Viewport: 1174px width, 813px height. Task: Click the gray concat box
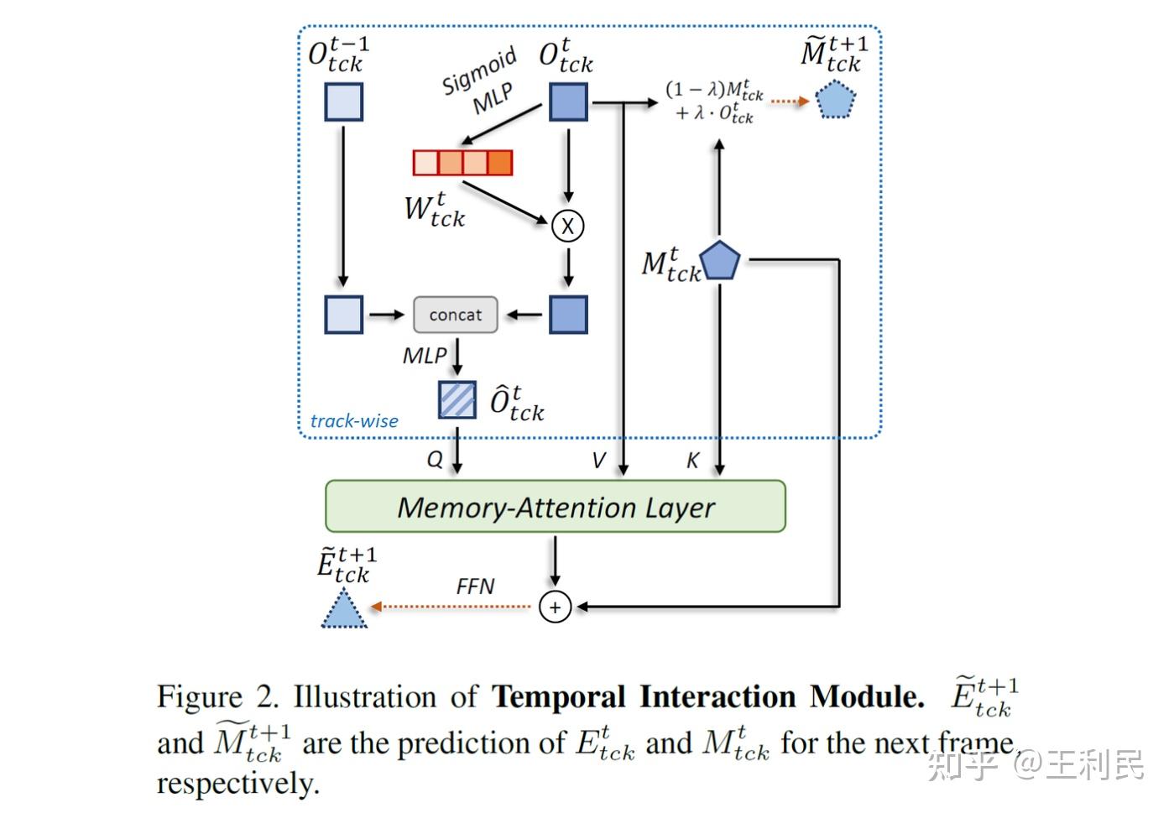[x=456, y=315]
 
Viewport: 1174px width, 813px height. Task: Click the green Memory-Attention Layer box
[x=555, y=507]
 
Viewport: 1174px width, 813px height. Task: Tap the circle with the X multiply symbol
[x=568, y=226]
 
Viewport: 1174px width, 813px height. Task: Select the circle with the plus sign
[x=555, y=607]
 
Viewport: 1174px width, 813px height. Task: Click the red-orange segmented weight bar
[x=462, y=162]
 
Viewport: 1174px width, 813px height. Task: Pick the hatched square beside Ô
[x=457, y=399]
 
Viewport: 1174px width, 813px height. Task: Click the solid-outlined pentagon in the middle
[x=720, y=261]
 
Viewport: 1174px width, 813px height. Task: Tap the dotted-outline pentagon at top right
[x=836, y=100]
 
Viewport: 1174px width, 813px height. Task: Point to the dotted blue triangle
[x=344, y=610]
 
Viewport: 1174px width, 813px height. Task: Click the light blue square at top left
[x=344, y=102]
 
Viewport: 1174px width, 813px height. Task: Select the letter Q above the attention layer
[x=435, y=460]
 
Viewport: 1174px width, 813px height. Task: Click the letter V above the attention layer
[x=598, y=460]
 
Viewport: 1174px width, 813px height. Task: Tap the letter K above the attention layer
[x=692, y=460]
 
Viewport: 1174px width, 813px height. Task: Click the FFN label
[x=475, y=586]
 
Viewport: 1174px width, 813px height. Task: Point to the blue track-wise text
[x=354, y=421]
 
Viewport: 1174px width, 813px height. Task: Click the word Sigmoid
[x=478, y=72]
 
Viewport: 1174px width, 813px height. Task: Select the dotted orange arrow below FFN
[x=451, y=607]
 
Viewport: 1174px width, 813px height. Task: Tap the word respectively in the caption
[x=237, y=784]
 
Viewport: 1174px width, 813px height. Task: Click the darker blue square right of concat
[x=568, y=315]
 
